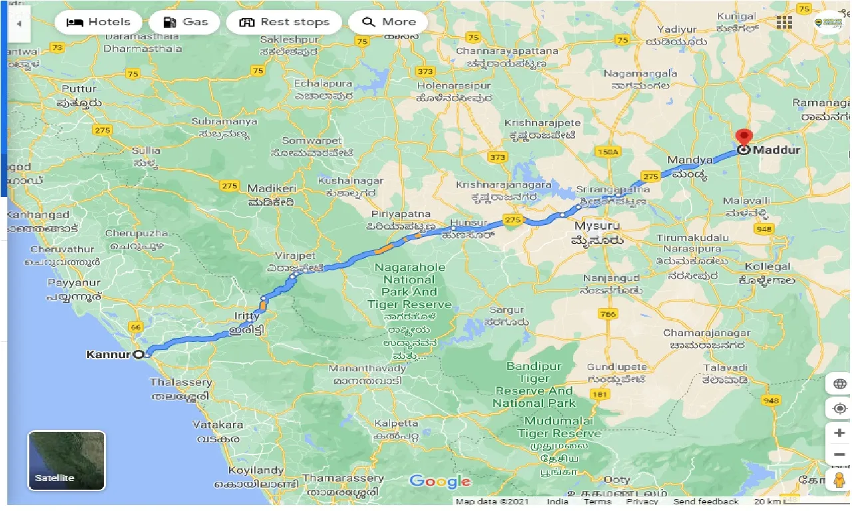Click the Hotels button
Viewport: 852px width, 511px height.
(98, 22)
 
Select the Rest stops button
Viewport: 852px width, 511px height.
(284, 22)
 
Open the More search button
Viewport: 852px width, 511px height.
(389, 22)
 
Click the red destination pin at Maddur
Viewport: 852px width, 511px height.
(744, 138)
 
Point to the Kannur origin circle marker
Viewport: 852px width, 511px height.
(139, 355)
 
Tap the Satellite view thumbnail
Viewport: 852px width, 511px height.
(67, 460)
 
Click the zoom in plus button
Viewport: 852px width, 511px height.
(839, 433)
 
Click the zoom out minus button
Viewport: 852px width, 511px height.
(839, 454)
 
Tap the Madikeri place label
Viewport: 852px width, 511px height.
(270, 188)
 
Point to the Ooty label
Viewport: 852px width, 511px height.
(616, 480)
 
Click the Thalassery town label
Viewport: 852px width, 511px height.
(181, 383)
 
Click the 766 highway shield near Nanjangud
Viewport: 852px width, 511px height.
(607, 314)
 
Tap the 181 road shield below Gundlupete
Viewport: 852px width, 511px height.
(600, 395)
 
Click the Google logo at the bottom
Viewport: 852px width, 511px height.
(440, 482)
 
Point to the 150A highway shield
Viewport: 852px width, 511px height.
(608, 152)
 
